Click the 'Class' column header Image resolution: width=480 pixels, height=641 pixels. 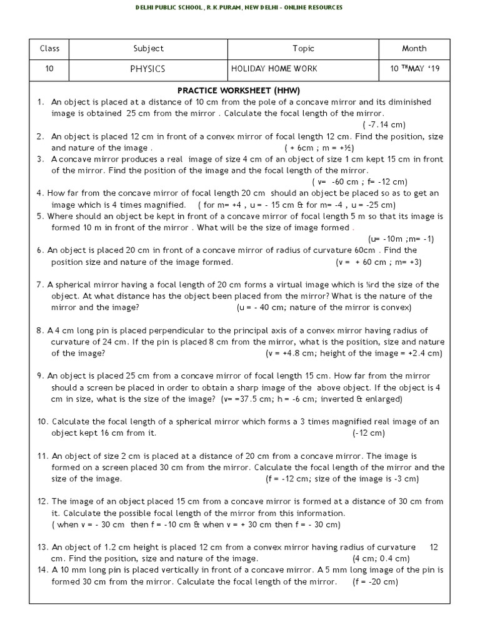[x=49, y=49]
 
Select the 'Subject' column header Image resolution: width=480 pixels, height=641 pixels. [x=148, y=49]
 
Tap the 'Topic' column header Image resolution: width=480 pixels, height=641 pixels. [x=303, y=49]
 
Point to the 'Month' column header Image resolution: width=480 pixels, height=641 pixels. [x=414, y=49]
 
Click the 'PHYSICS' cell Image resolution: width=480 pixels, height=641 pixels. [x=148, y=69]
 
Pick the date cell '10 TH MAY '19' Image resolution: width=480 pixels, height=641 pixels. [x=415, y=69]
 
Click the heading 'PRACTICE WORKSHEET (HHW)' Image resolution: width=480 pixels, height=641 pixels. [x=239, y=91]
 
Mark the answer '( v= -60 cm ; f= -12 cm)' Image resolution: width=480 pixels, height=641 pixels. [x=359, y=182]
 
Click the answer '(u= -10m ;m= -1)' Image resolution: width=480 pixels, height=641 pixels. [x=401, y=238]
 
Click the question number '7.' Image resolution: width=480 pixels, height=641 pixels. [x=39, y=285]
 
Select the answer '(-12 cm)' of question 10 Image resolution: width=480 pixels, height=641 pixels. [x=368, y=433]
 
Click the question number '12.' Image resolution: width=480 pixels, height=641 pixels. [x=42, y=501]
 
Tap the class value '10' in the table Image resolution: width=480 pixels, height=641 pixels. [x=49, y=69]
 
